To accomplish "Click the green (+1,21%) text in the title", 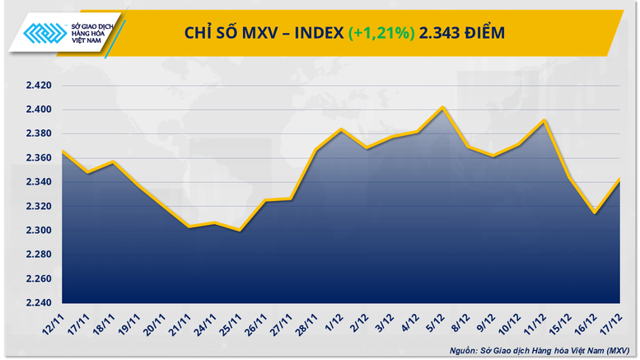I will tap(381, 33).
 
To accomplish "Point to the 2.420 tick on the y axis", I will tap(37, 86).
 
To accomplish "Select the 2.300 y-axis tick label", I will tap(37, 231).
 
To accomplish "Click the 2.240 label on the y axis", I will tap(37, 302).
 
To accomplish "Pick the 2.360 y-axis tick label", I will tap(37, 158).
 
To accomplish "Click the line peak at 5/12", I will tap(443, 107).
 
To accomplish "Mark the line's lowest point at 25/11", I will tap(240, 231).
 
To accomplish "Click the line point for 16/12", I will tap(594, 213).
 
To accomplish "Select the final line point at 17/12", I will tap(619, 180).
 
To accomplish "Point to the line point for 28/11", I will tap(315, 150).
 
